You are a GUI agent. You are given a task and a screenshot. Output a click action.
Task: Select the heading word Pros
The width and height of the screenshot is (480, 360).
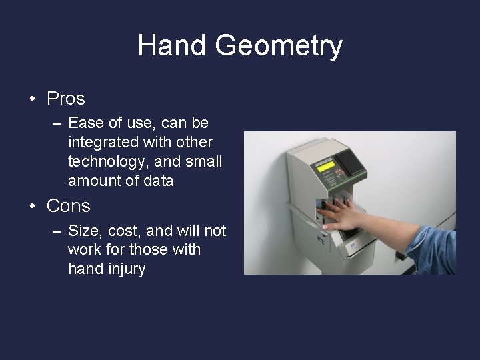66,99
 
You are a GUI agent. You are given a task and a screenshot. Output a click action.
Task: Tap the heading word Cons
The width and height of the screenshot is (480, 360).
68,206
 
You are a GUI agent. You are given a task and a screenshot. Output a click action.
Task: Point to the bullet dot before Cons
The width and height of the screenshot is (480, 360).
32,207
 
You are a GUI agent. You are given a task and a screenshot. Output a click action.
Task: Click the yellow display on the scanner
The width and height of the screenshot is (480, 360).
325,167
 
